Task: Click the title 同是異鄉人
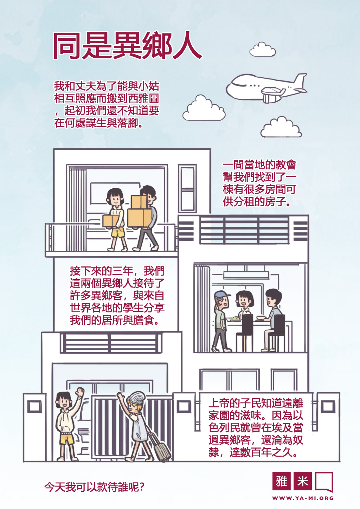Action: (127, 46)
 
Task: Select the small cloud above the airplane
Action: (263, 50)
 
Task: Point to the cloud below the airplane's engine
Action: (281, 127)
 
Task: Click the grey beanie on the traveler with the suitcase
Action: (136, 398)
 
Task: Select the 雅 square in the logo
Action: (281, 481)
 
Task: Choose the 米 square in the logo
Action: (302, 481)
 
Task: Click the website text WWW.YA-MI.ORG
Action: (303, 498)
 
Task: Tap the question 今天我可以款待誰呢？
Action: (94, 487)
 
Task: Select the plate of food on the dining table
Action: (234, 318)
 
